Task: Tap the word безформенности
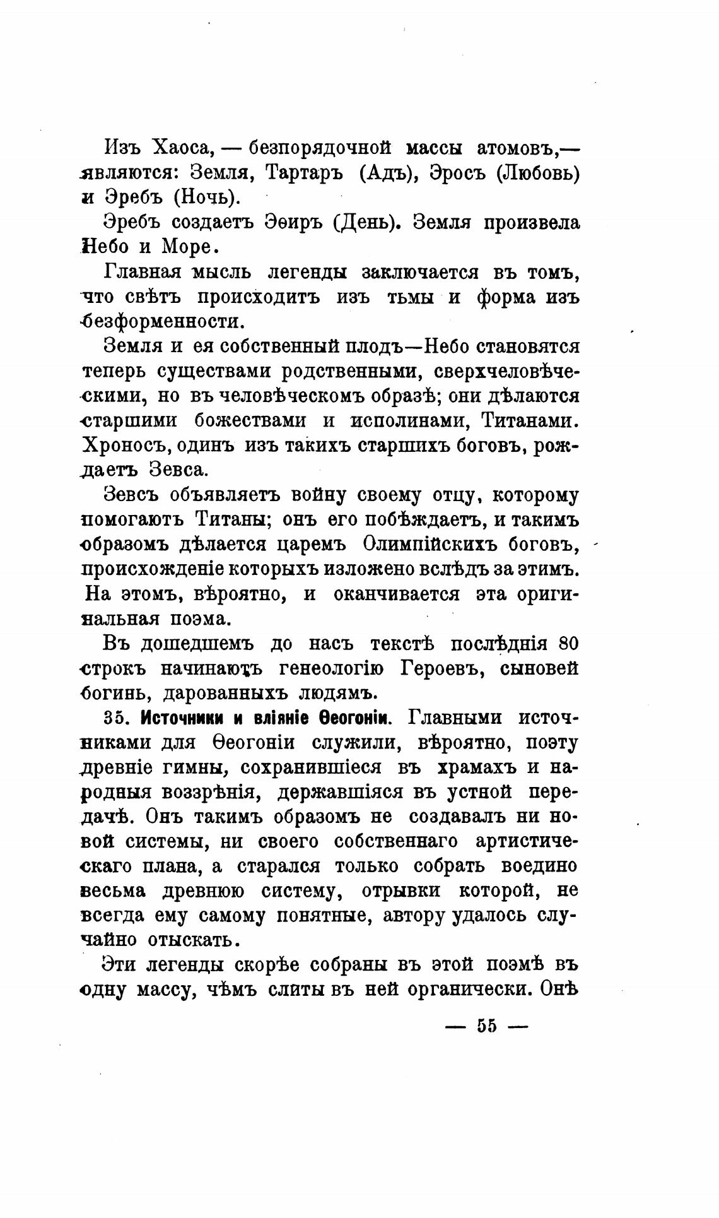[x=163, y=321]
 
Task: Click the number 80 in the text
[x=568, y=644]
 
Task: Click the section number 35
[x=114, y=718]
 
